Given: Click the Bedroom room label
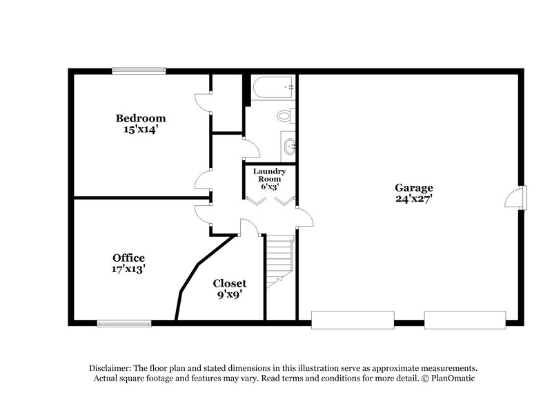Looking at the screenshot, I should (141, 118).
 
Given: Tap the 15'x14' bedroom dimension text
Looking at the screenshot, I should (141, 128).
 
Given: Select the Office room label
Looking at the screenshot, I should (129, 258).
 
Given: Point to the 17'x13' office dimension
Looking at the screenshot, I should (129, 269).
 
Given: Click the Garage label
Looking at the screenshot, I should (414, 187).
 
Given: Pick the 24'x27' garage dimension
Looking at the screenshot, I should (414, 198).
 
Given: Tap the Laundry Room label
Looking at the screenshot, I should (269, 174).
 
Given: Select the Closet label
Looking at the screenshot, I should (229, 283).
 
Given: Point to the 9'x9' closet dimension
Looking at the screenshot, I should (229, 294).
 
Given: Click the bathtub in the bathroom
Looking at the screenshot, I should (273, 88).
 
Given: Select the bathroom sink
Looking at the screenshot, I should (289, 146).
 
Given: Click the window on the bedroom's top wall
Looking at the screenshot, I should (135, 70).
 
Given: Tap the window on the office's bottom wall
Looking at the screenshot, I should (124, 323).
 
